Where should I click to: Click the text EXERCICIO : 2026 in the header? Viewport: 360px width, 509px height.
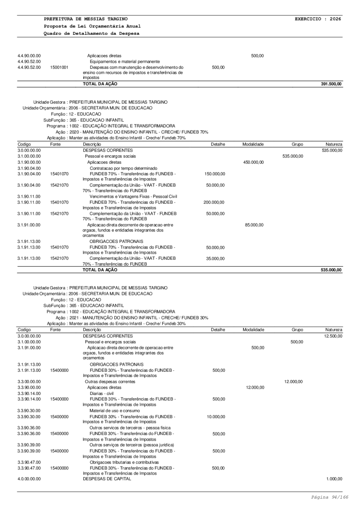318,19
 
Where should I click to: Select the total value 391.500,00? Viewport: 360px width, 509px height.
331,84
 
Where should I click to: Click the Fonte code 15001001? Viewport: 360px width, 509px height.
59,67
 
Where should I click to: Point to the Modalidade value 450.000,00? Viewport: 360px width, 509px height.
254,162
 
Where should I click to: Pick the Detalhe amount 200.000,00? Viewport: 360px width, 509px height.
214,203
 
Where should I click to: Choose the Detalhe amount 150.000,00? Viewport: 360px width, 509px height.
214,174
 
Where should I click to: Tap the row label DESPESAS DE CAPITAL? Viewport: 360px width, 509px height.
107,479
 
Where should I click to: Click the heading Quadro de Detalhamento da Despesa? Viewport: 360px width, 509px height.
92,33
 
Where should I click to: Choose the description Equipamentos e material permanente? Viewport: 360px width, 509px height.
125,61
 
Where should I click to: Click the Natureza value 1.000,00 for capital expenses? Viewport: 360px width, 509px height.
334,479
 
